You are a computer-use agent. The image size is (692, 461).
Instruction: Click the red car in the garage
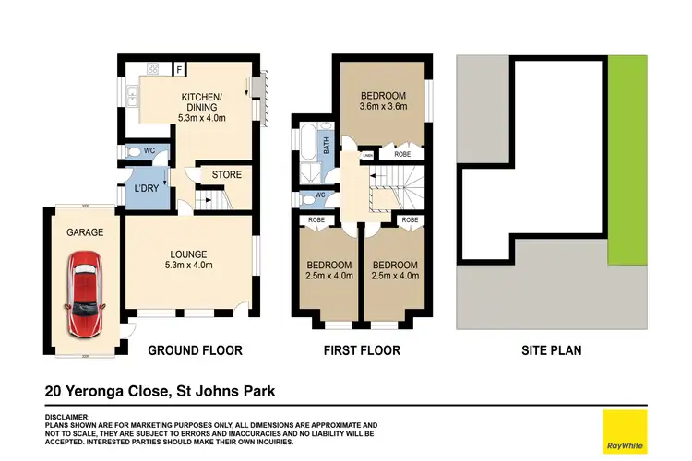pos(84,294)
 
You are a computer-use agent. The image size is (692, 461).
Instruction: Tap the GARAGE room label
pos(83,233)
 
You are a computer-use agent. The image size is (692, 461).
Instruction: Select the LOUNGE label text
pos(189,254)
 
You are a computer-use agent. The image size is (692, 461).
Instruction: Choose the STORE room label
pos(226,174)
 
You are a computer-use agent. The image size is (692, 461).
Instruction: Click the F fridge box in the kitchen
pos(179,68)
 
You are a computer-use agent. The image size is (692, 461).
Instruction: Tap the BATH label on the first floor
pos(326,145)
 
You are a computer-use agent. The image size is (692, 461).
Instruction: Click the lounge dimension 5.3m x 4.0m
pos(189,266)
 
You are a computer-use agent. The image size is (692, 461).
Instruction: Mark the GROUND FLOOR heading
pos(196,350)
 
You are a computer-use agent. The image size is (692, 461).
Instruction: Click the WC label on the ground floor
pos(136,151)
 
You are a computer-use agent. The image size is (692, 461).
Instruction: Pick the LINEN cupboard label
pos(368,155)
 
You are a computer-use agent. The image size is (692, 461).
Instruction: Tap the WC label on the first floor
pos(320,195)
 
